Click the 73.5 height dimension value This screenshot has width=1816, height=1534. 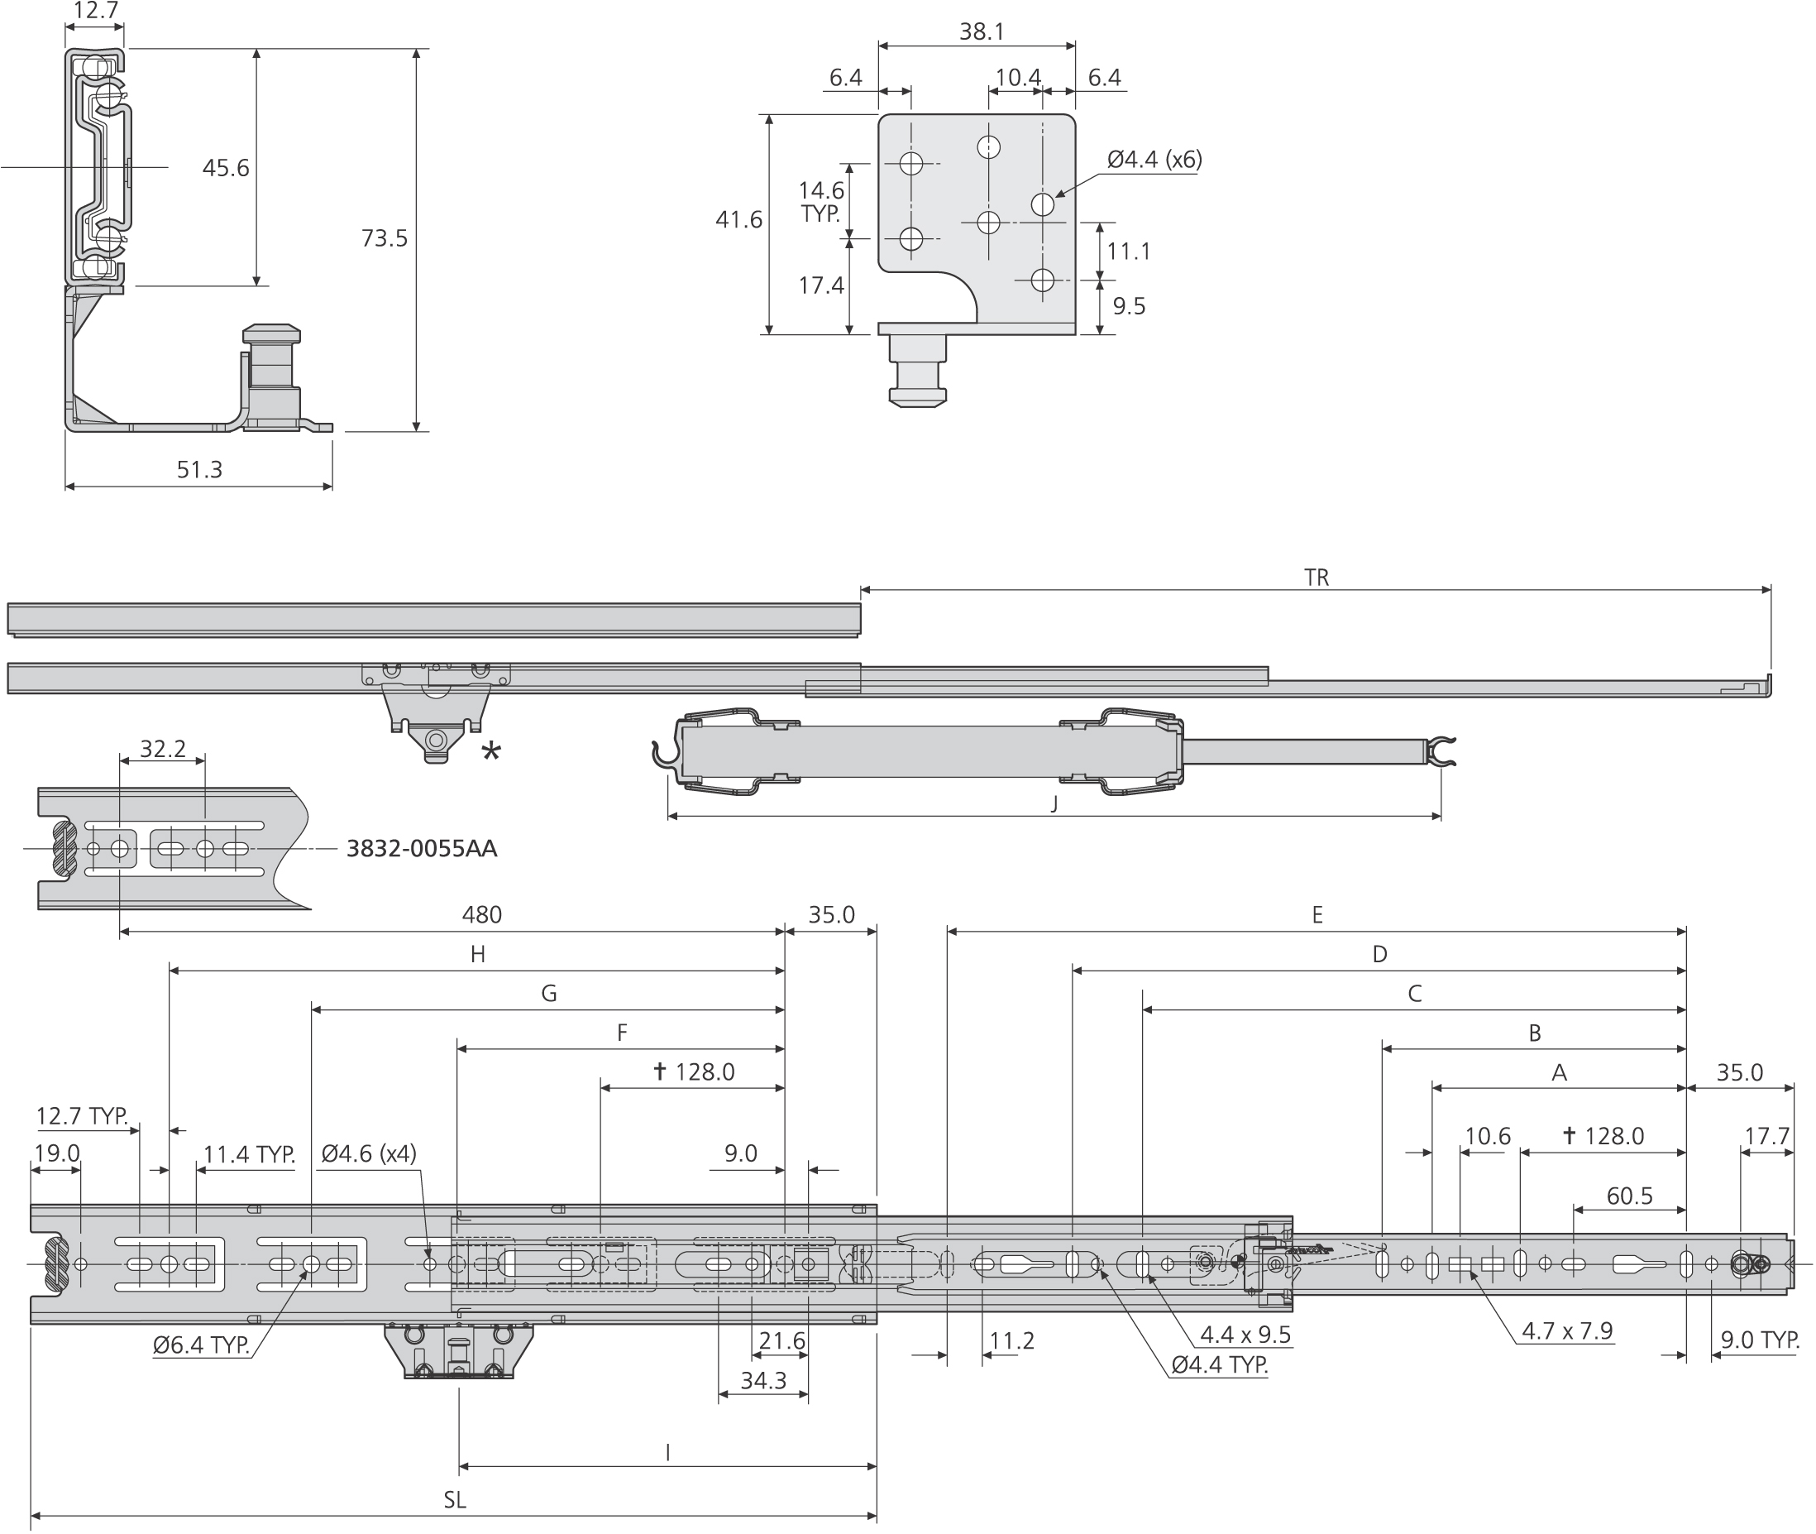point(384,238)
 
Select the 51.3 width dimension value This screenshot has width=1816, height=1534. point(199,470)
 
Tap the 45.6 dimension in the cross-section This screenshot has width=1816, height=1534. point(225,168)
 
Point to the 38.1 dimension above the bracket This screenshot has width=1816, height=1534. point(982,32)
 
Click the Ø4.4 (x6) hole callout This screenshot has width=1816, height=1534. point(1154,160)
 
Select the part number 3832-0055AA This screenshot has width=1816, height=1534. point(422,849)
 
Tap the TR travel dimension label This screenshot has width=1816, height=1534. point(1317,578)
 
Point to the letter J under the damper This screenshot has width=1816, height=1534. point(1054,803)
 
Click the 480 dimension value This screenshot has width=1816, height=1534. point(481,915)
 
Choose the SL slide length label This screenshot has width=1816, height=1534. point(455,1500)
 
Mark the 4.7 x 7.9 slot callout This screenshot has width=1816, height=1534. point(1566,1331)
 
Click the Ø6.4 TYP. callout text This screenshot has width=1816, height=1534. point(202,1345)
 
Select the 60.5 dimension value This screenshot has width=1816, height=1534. point(1629,1196)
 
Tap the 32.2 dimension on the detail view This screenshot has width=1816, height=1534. point(163,749)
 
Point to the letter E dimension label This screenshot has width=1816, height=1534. point(1317,915)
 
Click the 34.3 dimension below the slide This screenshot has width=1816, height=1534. point(763,1381)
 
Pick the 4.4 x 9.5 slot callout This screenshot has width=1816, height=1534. point(1245,1335)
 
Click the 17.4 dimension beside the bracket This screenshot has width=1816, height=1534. point(820,285)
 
